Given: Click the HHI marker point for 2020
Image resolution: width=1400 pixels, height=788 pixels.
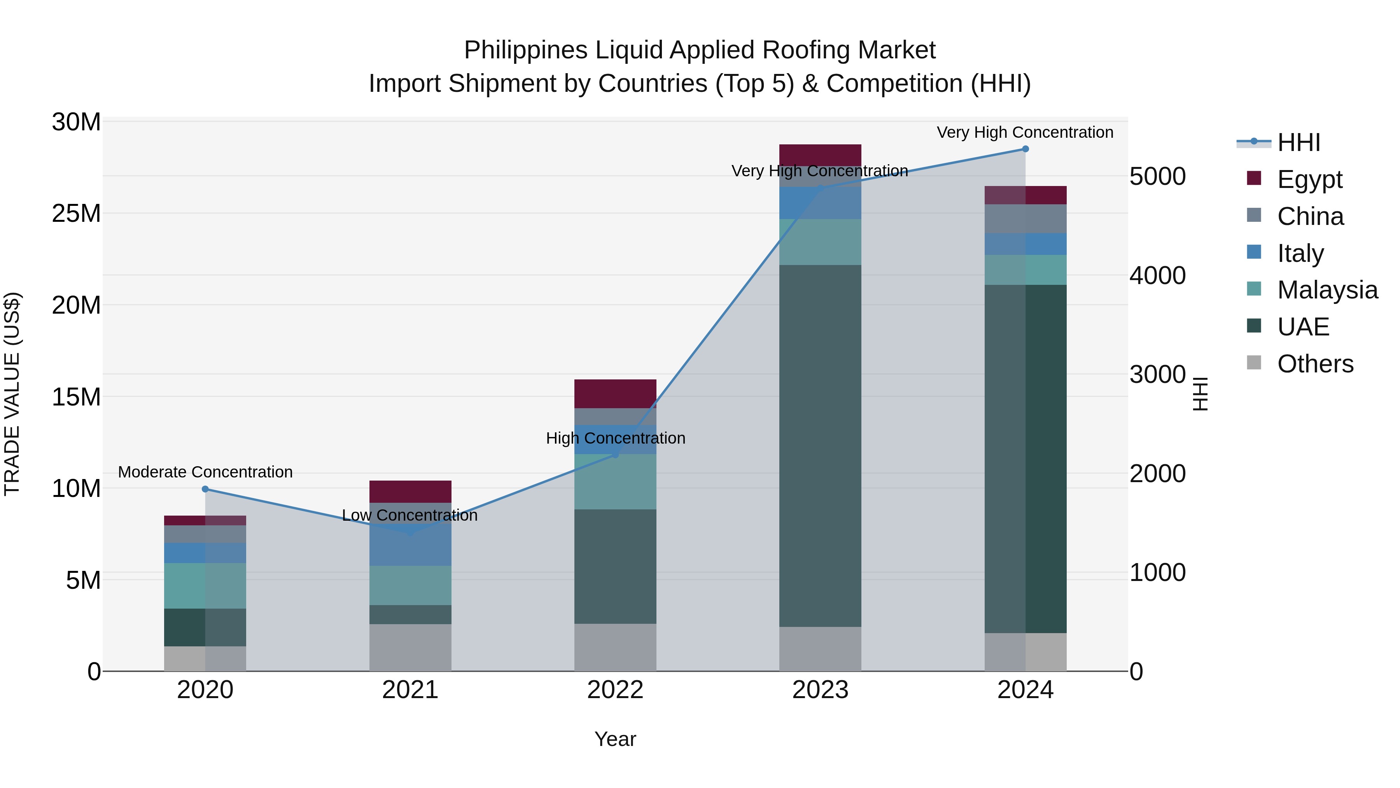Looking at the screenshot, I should click(205, 489).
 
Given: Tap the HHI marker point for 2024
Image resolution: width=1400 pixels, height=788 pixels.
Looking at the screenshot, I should click(1025, 149).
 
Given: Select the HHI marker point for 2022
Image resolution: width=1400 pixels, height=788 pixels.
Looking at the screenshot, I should click(615, 455).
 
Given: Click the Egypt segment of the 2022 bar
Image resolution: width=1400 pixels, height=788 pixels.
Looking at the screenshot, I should click(615, 393).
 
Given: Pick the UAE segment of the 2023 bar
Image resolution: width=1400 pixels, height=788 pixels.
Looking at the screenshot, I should click(820, 446).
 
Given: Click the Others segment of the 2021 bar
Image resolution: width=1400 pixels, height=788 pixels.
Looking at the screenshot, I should click(410, 647).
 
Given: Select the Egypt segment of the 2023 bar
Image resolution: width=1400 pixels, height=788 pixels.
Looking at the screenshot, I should click(820, 155).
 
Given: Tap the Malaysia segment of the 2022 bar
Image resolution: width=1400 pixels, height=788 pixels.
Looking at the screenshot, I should click(615, 482).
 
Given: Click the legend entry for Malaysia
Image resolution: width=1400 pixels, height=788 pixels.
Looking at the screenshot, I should click(1326, 290).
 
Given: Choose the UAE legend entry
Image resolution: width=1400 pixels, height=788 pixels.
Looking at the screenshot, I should click(1303, 327).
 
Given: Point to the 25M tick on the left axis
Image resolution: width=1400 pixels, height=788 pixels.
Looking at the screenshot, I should click(76, 213).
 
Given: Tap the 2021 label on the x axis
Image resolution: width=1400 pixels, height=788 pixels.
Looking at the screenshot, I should click(410, 690).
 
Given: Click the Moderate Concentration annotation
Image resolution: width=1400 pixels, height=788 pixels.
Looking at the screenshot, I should click(205, 472).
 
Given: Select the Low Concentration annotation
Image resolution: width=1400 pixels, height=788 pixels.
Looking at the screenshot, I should click(410, 515).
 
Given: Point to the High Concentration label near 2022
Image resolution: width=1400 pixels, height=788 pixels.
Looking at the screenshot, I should click(615, 438).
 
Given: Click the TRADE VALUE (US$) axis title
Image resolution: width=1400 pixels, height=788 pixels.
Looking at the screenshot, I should click(12, 394).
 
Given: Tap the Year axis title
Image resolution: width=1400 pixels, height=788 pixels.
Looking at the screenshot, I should click(615, 739).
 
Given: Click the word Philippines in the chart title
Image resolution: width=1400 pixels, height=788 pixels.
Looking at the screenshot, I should click(525, 50).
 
